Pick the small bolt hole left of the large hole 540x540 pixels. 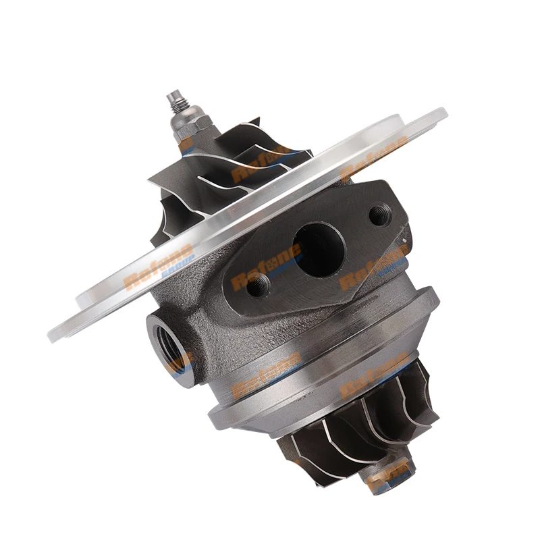pos(257,287)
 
